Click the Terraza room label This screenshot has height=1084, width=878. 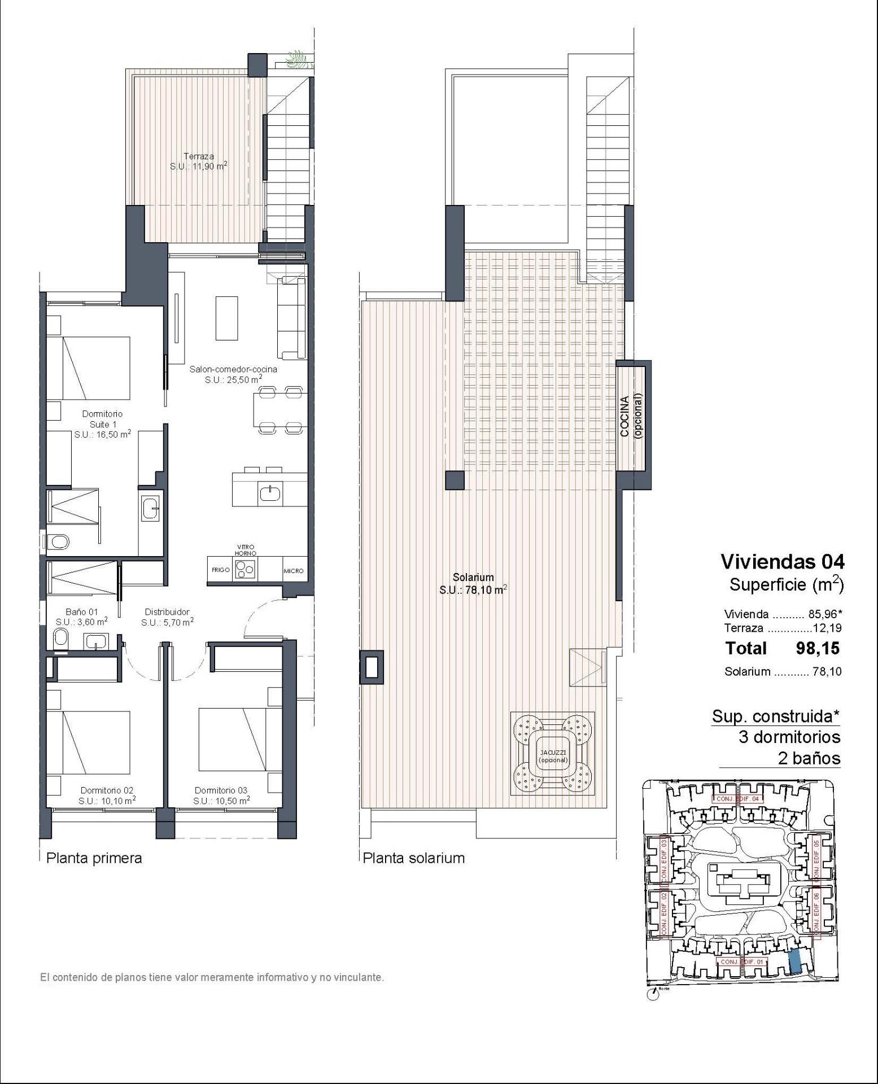click(x=198, y=156)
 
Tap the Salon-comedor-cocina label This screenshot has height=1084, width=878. click(x=233, y=369)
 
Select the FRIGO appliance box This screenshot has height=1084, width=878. click(x=220, y=570)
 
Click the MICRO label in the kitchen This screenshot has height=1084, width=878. click(x=294, y=571)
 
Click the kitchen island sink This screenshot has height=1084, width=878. click(x=269, y=494)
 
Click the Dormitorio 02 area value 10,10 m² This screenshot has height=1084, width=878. click(x=107, y=801)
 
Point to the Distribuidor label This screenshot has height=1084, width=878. click(x=167, y=612)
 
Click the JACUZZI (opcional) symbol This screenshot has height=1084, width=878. click(x=552, y=754)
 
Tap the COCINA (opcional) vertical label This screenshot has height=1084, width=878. click(x=631, y=416)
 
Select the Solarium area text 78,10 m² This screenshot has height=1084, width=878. click(x=473, y=591)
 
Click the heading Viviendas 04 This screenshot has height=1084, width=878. click(x=783, y=561)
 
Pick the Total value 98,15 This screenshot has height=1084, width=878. click(x=818, y=648)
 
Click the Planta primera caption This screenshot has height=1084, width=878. click(x=94, y=858)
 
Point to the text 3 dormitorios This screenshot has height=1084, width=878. click(x=789, y=737)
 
